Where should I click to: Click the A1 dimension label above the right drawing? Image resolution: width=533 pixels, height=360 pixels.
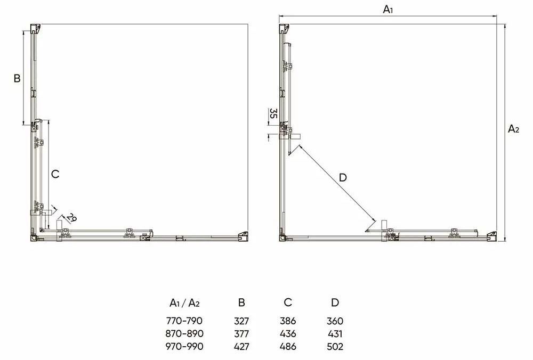tap(388, 10)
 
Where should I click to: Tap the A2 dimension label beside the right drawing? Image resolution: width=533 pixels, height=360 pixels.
tap(513, 129)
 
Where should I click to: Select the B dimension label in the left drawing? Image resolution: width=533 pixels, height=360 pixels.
tap(17, 78)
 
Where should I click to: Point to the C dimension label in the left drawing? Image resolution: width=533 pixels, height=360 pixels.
tap(55, 174)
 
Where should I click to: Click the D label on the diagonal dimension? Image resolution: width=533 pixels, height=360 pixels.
tap(343, 177)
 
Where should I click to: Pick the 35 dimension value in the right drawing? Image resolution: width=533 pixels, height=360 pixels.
tap(273, 113)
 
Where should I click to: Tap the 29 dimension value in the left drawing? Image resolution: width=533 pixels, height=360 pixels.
tap(71, 218)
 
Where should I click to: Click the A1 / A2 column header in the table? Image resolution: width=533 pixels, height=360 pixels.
tap(184, 302)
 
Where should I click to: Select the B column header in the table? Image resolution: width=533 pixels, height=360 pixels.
tap(241, 302)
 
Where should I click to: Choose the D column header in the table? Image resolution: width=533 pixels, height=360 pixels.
tap(335, 302)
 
